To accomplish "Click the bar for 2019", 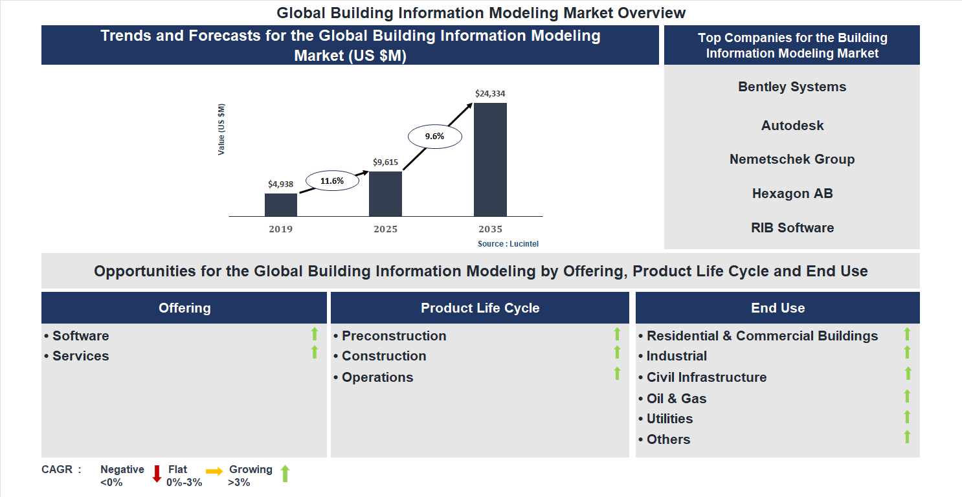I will point(281,204).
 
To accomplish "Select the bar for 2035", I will point(490,159).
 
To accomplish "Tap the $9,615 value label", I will point(385,162).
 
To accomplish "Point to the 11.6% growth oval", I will point(332,181).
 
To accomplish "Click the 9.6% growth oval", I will point(434,137).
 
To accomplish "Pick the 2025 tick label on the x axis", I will point(385,229).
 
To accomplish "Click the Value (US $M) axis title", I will point(221,129).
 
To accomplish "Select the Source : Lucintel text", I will point(508,244).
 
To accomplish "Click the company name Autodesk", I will point(792,126).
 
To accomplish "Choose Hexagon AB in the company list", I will point(792,193).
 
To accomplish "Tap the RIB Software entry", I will point(792,228).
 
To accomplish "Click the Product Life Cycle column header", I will point(480,308).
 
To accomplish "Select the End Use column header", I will point(777,308).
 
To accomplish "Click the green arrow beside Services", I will point(315,353).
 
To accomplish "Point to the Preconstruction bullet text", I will point(394,336).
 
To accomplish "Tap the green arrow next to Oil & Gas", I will point(907,396).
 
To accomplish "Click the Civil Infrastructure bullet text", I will point(706,377).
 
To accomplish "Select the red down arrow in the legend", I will point(157,474).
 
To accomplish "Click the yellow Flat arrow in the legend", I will point(214,472).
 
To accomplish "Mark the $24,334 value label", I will point(490,93).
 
